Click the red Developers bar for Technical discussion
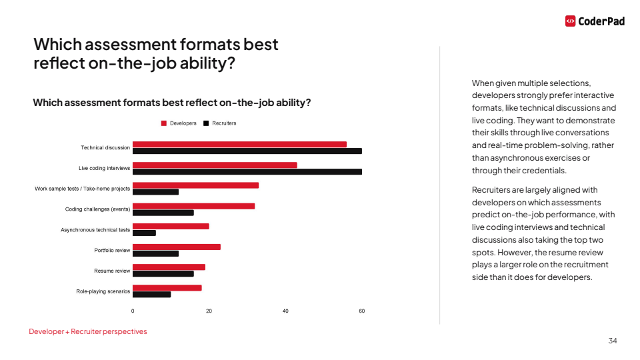(239, 144)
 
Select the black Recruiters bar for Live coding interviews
(247, 171)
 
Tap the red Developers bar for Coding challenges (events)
(193, 206)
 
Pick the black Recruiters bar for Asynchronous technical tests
(144, 233)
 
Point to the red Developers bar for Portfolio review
(176, 247)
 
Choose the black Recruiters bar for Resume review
(163, 273)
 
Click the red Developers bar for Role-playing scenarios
(167, 287)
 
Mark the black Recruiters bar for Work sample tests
(155, 192)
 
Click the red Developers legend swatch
(164, 123)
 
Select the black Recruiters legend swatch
(207, 123)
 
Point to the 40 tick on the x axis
(285, 311)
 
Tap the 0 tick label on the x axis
(133, 311)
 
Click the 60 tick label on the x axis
(362, 311)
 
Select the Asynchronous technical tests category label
(95, 230)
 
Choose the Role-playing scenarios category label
(103, 291)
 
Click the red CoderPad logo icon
(570, 21)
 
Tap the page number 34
(613, 341)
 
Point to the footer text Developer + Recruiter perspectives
(88, 331)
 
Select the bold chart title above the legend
(172, 103)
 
